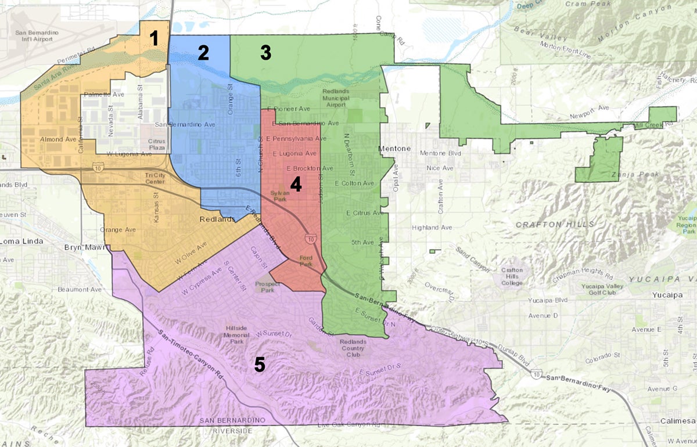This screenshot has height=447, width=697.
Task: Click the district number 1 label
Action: point(154,39)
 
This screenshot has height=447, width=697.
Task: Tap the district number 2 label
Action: point(203,53)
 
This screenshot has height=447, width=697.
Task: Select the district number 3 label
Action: point(265,53)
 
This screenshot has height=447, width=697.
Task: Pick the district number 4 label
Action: point(296,185)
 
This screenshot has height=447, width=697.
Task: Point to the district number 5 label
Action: point(259,365)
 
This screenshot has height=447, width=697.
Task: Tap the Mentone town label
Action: point(394,149)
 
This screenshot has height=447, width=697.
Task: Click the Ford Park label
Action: point(306,261)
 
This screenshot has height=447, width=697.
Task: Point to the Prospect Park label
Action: point(268,287)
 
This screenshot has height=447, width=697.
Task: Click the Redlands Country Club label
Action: point(354,348)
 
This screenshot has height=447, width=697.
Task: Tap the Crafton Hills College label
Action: point(512,276)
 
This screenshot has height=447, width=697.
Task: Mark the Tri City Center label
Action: point(155,178)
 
